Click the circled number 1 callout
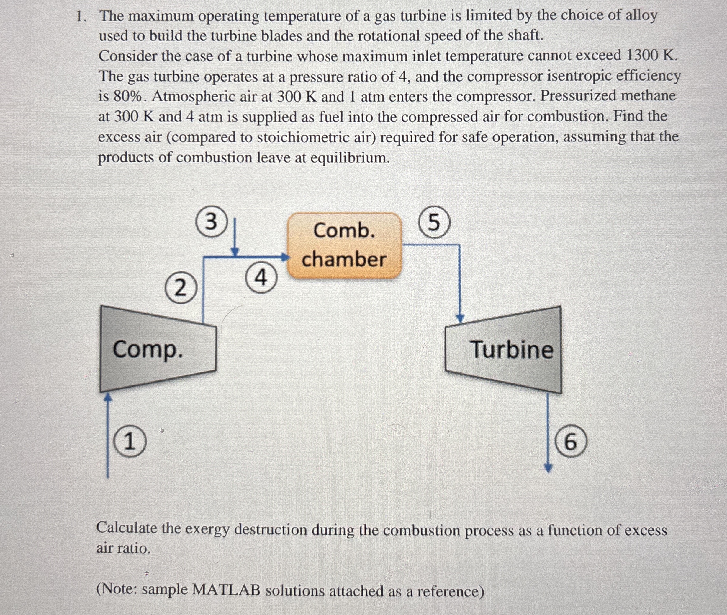tap(130, 442)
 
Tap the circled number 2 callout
tap(180, 288)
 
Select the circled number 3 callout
tap(211, 222)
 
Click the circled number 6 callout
tap(570, 442)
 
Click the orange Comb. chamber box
tap(344, 245)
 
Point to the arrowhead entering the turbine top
tap(460, 318)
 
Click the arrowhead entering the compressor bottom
tap(108, 398)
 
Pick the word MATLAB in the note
tap(226, 590)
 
